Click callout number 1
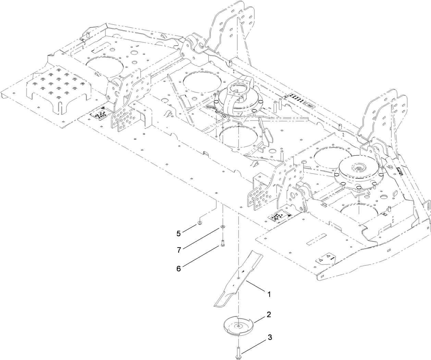[x=269, y=294]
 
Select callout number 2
[x=269, y=314]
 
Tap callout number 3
[x=270, y=337]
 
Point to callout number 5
[x=178, y=233]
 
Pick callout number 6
[x=178, y=268]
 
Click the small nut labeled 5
[x=199, y=225]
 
